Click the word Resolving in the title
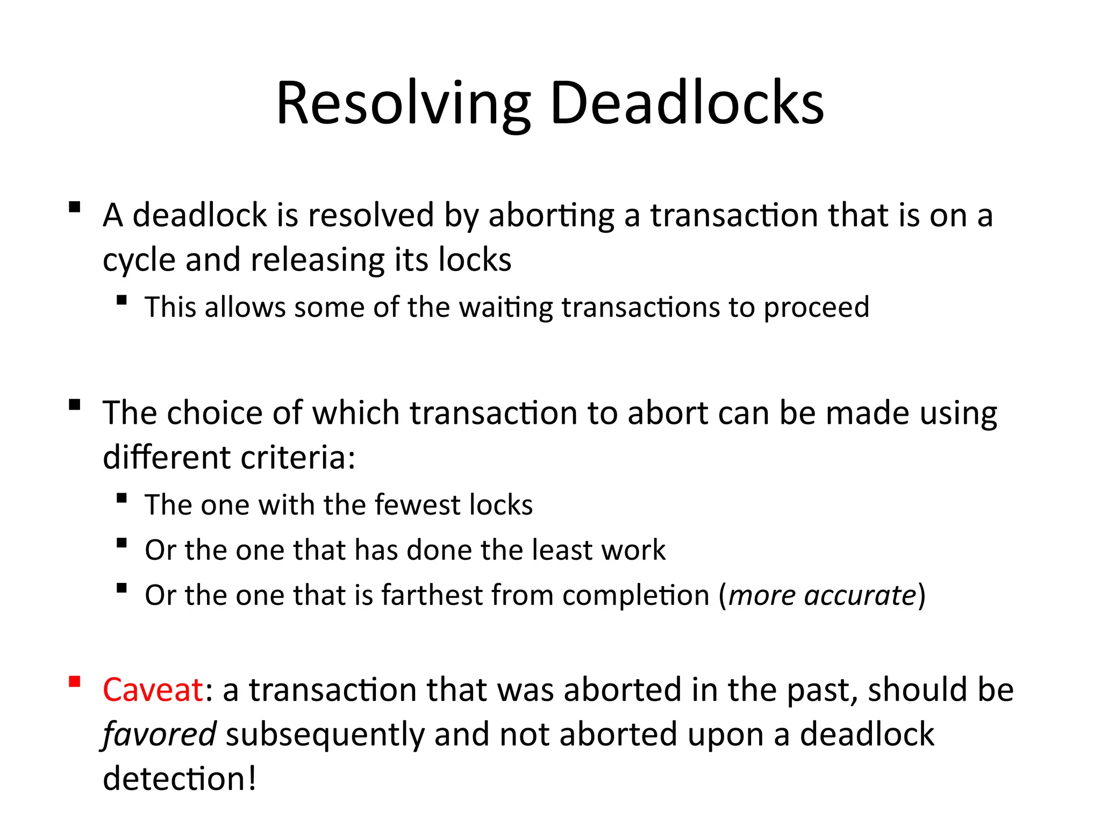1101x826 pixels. click(403, 103)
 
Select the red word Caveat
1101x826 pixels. click(153, 689)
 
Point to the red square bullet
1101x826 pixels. click(75, 682)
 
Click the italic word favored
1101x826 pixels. click(160, 734)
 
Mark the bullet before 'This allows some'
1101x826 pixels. click(122, 300)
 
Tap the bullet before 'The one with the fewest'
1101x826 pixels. click(122, 498)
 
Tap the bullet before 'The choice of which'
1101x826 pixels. click(75, 404)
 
